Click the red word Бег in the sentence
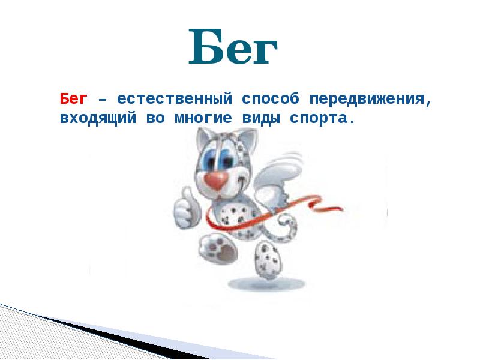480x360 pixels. point(74,98)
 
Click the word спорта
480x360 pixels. point(321,118)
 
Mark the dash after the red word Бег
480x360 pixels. point(103,99)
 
